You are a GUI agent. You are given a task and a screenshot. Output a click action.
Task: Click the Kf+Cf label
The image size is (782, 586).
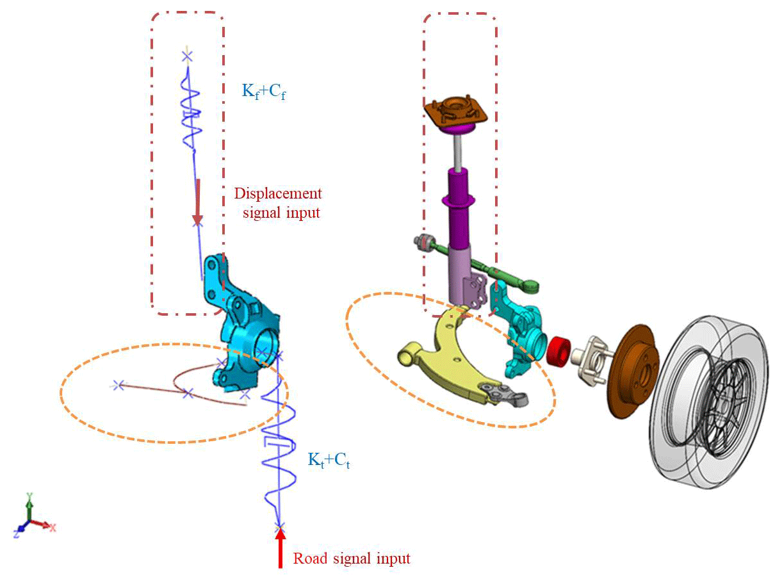point(263,92)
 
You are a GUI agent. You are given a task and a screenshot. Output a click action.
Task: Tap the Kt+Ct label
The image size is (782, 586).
point(329,460)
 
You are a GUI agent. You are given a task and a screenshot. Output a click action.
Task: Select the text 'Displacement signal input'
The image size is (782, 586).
point(279,202)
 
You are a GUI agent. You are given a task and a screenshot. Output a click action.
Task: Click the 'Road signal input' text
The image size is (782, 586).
point(352,558)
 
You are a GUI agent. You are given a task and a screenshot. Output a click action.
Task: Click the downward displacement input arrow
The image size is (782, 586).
point(198,202)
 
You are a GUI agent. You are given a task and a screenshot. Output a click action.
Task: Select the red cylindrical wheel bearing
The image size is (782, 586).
point(560,350)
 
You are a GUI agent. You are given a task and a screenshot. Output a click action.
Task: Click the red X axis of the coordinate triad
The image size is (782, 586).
point(45,525)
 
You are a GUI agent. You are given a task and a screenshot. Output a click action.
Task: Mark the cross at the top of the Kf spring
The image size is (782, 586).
point(186,57)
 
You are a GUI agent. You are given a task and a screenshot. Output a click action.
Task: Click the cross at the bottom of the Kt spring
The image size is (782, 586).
point(279,527)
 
